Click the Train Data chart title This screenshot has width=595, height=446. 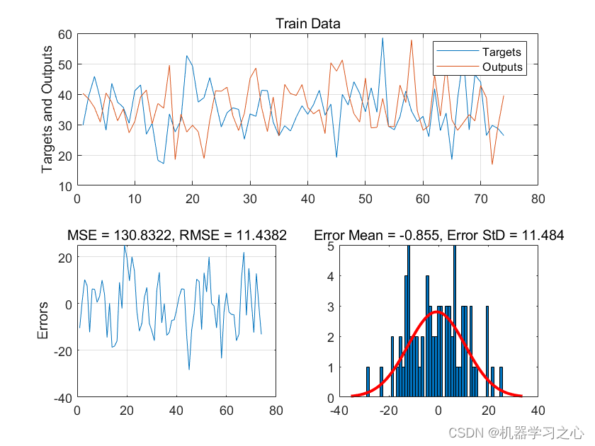click(307, 23)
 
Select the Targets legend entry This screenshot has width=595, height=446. click(501, 52)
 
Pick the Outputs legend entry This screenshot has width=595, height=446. click(501, 67)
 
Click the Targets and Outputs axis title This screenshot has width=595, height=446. click(47, 109)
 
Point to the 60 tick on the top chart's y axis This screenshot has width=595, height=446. click(64, 34)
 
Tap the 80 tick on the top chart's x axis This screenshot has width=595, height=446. click(538, 199)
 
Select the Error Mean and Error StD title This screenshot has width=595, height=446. click(438, 235)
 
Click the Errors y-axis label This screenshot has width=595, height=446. click(44, 321)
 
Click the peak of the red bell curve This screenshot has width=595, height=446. click(438, 311)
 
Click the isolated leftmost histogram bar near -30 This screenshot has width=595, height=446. click(368, 382)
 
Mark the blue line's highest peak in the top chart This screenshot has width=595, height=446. click(382, 38)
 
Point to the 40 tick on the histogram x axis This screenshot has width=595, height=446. click(538, 411)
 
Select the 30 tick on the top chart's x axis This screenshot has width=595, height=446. click(250, 199)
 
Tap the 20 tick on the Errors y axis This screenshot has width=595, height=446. click(64, 258)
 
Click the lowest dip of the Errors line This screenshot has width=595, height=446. click(189, 369)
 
